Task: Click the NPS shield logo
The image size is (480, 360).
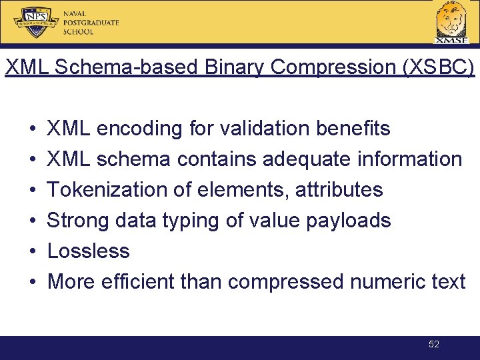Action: point(37,22)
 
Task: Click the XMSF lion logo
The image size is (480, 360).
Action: point(451,21)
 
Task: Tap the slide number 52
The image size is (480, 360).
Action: point(434,344)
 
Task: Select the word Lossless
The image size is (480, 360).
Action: point(89,251)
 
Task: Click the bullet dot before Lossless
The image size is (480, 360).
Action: point(33,251)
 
